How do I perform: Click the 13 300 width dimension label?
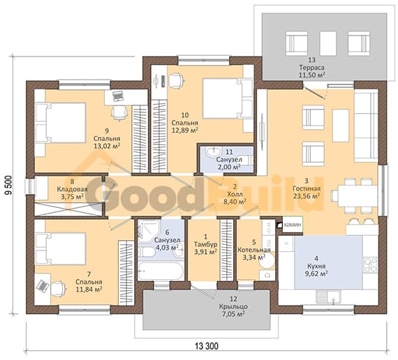point(207,346)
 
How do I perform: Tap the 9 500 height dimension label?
point(8,185)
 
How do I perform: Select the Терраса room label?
point(311,68)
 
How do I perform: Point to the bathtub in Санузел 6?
point(161,271)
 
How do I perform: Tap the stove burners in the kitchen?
point(371,265)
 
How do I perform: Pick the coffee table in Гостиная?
point(341,126)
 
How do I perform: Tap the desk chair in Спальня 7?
point(59,288)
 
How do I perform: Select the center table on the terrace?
point(327,43)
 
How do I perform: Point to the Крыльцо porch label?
point(233,306)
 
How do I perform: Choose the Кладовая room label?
point(72,189)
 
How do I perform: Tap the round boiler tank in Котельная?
point(267,260)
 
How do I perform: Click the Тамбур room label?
point(205,245)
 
